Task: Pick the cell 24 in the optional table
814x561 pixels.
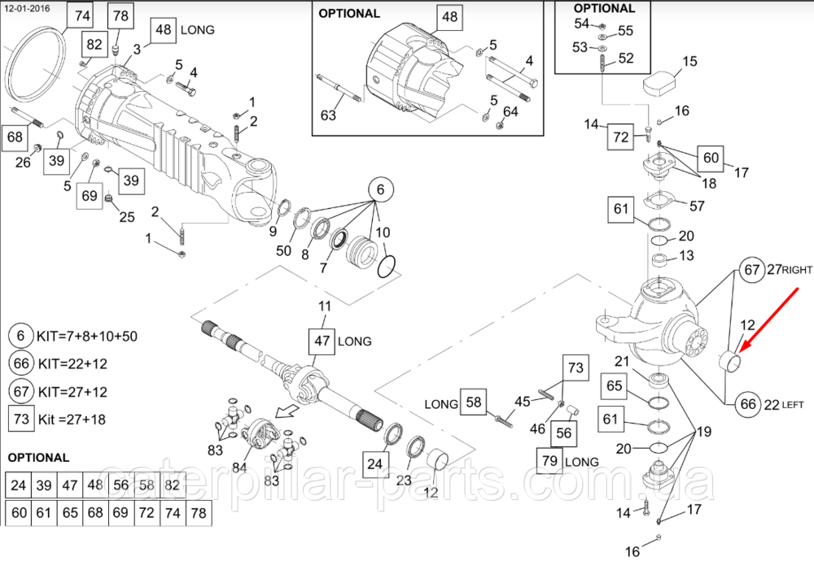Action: (x=18, y=486)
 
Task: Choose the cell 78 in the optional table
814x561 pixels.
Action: (x=198, y=513)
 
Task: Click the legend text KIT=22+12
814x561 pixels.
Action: (x=73, y=363)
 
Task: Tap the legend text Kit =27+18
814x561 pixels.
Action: (x=71, y=420)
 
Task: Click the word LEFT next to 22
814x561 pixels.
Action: (x=792, y=404)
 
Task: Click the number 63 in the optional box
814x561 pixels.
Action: (x=328, y=115)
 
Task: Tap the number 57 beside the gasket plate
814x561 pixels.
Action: (x=697, y=206)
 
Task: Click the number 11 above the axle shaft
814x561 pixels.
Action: (x=325, y=307)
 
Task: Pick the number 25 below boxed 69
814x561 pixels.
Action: (x=126, y=216)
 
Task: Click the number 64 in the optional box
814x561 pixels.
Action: (x=510, y=111)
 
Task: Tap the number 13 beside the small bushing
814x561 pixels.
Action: (x=686, y=256)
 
